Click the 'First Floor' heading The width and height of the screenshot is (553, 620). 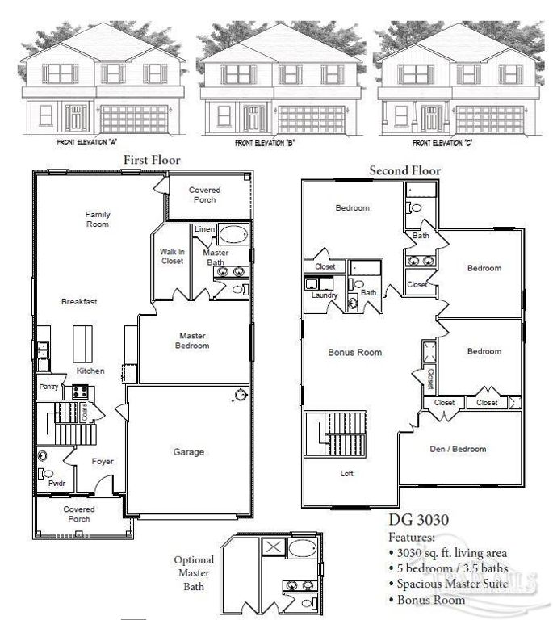tap(152, 160)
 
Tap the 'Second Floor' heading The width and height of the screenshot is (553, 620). tap(404, 170)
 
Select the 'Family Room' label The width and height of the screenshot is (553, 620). tap(98, 219)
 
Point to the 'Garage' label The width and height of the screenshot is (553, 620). tap(190, 451)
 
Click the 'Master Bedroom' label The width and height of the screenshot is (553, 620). tap(193, 341)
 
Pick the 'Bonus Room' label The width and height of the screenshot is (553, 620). tap(354, 352)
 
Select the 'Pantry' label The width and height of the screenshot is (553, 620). tap(49, 387)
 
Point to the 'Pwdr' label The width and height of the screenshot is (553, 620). tap(57, 484)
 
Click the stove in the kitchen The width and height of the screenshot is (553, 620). tap(81, 392)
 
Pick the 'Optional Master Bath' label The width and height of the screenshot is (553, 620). tap(194, 572)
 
